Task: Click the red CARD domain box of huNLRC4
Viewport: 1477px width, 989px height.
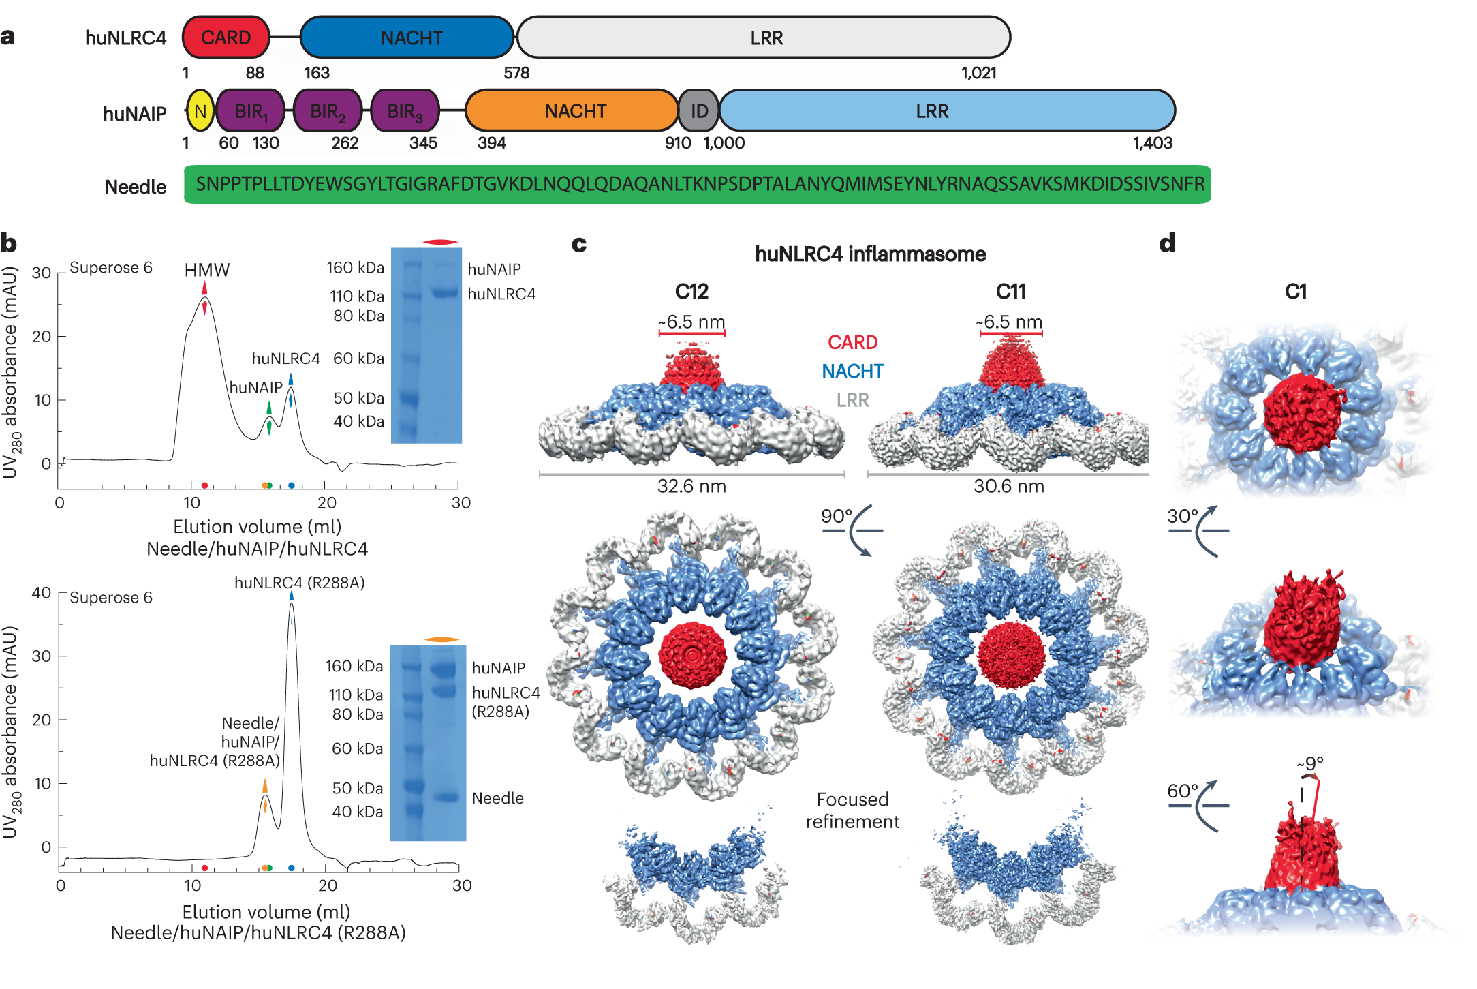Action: point(226,37)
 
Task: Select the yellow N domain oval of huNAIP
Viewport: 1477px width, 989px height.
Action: point(200,111)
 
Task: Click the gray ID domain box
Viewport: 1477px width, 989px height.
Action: point(699,111)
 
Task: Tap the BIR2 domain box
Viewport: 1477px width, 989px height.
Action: point(327,111)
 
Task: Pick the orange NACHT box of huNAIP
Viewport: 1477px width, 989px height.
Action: point(574,111)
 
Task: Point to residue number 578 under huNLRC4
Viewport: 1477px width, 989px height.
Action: point(516,73)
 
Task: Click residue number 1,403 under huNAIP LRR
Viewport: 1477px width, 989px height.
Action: point(1152,143)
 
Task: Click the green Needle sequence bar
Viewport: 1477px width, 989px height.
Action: point(697,184)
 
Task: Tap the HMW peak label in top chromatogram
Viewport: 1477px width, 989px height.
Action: point(207,270)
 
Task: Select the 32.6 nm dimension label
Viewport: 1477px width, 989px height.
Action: point(691,486)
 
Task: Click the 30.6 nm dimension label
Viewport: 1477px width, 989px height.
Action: point(1008,486)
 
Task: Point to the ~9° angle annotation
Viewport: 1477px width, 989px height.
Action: point(1310,763)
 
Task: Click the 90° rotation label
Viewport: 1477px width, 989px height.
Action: point(837,516)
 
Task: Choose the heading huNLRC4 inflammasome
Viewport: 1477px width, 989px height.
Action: point(870,254)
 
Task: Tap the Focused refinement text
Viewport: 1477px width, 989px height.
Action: point(852,810)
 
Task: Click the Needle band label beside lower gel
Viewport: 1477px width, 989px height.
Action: point(497,798)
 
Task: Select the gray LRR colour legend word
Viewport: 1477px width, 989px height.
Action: point(852,400)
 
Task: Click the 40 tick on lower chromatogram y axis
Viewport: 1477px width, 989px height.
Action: point(42,592)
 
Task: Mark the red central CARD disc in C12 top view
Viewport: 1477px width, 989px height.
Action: point(693,655)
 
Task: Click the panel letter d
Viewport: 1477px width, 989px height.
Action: point(1167,243)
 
